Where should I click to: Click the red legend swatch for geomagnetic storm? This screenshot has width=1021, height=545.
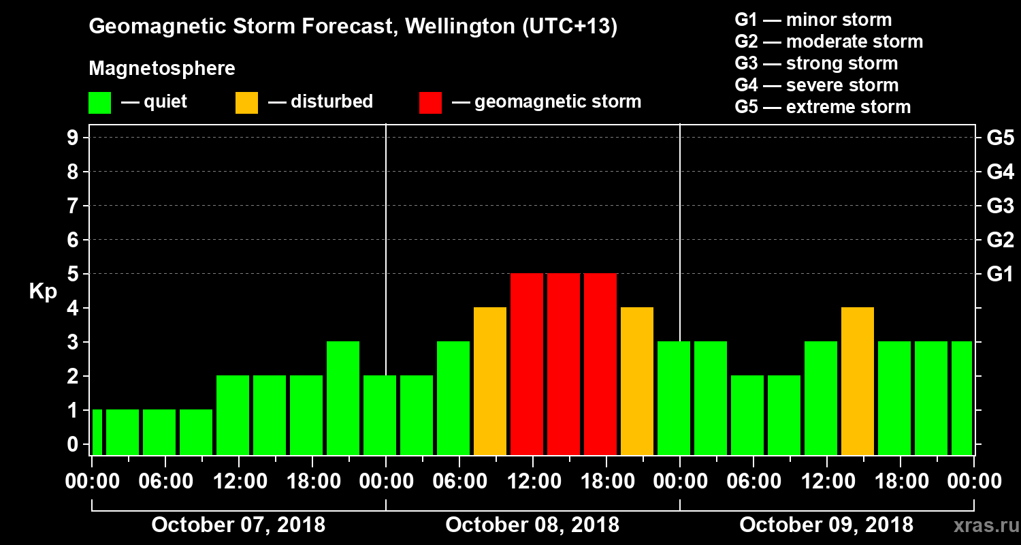point(431,103)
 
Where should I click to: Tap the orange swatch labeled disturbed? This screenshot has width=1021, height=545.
point(246,103)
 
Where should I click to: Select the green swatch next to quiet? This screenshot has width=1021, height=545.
point(99,103)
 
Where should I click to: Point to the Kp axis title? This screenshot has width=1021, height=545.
point(43,292)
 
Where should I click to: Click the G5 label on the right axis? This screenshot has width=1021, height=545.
point(1000,138)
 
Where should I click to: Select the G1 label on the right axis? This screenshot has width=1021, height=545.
point(1000,274)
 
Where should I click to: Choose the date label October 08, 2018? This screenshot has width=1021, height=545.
point(532,525)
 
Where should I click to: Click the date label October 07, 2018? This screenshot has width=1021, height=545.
point(238,525)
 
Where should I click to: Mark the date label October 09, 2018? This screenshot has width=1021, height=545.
point(826,525)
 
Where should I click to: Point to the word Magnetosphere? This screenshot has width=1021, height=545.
point(162,69)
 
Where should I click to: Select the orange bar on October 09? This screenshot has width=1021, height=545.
point(858,381)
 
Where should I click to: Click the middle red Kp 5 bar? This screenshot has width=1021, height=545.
point(564,364)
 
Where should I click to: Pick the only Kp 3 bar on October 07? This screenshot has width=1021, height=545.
point(343,399)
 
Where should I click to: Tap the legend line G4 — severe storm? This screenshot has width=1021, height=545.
point(817,85)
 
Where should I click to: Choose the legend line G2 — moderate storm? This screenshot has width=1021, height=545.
point(829,42)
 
